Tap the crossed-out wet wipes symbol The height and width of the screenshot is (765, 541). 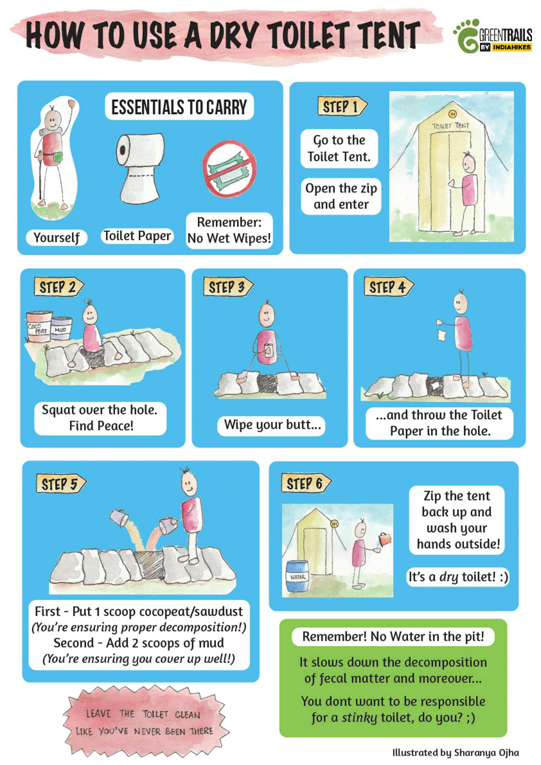click(230, 169)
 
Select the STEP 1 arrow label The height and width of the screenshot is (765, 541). click(342, 106)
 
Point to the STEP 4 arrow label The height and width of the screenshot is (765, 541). click(389, 287)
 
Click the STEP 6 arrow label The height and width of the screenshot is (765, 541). click(306, 483)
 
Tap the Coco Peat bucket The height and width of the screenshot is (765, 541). click(39, 326)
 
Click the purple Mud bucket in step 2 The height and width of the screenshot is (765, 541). click(61, 328)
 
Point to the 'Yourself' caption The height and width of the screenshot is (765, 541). click(56, 237)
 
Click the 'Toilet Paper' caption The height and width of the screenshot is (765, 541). click(137, 236)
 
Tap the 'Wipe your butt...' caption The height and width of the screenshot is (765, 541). click(272, 425)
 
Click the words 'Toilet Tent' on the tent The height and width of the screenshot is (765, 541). click(451, 126)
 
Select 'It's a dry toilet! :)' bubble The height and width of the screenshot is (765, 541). click(458, 577)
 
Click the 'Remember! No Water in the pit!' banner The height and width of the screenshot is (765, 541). click(393, 636)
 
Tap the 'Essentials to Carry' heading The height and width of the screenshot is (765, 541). click(179, 107)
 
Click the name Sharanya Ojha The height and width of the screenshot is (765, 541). click(487, 752)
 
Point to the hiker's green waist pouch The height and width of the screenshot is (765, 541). click(58, 157)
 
